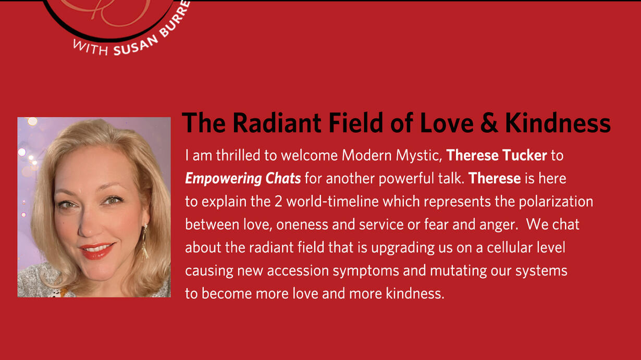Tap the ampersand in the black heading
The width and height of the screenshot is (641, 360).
pos(490,123)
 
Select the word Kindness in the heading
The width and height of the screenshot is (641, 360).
pos(558,123)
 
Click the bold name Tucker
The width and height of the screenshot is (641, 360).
pos(525,155)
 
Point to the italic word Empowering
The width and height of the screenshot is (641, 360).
pos(224,179)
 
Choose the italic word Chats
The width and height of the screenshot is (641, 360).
pos(283,178)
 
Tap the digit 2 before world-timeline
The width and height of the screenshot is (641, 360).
pos(278,202)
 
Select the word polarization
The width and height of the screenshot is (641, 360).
pos(556,202)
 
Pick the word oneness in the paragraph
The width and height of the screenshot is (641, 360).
pos(302,225)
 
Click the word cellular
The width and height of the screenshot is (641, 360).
pos(510,247)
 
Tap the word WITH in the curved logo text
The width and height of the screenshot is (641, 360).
pos(91,47)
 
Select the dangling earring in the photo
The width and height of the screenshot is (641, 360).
pos(145,241)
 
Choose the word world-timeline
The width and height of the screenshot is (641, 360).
pos(332,202)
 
